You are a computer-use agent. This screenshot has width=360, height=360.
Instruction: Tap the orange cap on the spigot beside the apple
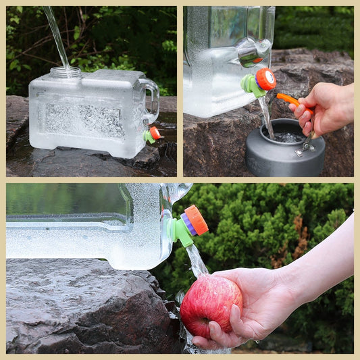(x=197, y=220)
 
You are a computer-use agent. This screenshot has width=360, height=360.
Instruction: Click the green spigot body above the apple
(x=180, y=230)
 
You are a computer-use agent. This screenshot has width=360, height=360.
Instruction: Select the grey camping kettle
(x=284, y=150)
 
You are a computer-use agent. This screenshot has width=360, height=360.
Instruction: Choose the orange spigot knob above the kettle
(x=265, y=79)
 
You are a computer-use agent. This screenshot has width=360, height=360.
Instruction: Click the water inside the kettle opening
(x=288, y=137)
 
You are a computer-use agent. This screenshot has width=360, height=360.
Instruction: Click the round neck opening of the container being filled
(x=66, y=71)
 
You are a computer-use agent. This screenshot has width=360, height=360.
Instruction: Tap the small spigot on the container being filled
(x=152, y=134)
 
